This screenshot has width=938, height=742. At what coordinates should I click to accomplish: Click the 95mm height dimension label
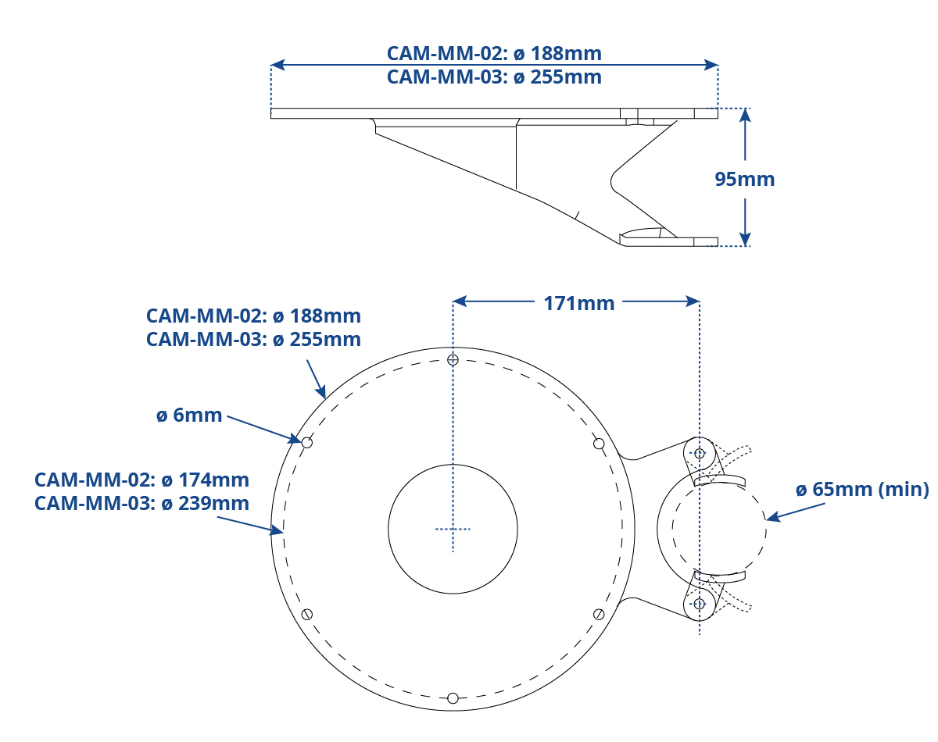[744, 179]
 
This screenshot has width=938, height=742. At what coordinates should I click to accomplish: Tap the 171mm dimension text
[579, 303]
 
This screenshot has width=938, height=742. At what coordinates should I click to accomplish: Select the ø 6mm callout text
[189, 415]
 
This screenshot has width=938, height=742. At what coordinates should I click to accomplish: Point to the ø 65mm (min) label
[862, 489]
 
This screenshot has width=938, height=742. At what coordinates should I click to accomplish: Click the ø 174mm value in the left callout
[205, 480]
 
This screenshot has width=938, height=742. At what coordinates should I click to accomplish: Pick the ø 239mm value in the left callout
[205, 503]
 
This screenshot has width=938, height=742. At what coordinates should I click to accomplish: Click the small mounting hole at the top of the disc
[453, 360]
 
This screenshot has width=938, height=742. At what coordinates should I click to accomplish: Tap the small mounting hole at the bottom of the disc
[453, 698]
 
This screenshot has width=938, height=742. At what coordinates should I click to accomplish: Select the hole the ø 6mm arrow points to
[307, 443]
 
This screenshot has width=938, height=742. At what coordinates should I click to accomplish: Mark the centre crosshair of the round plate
[453, 529]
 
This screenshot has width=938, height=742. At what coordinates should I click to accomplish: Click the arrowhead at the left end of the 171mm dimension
[460, 301]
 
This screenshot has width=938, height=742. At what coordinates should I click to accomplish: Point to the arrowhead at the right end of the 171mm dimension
[693, 301]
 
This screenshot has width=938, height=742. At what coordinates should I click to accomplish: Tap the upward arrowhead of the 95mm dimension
[745, 115]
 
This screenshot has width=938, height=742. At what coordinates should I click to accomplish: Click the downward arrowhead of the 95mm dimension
[745, 239]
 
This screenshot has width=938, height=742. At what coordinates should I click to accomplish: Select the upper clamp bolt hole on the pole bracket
[699, 454]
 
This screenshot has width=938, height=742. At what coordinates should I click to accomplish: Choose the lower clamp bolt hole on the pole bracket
[699, 604]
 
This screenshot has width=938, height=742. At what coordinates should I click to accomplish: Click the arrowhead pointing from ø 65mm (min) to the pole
[772, 517]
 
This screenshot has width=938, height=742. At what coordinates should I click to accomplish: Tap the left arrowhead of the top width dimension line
[277, 65]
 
